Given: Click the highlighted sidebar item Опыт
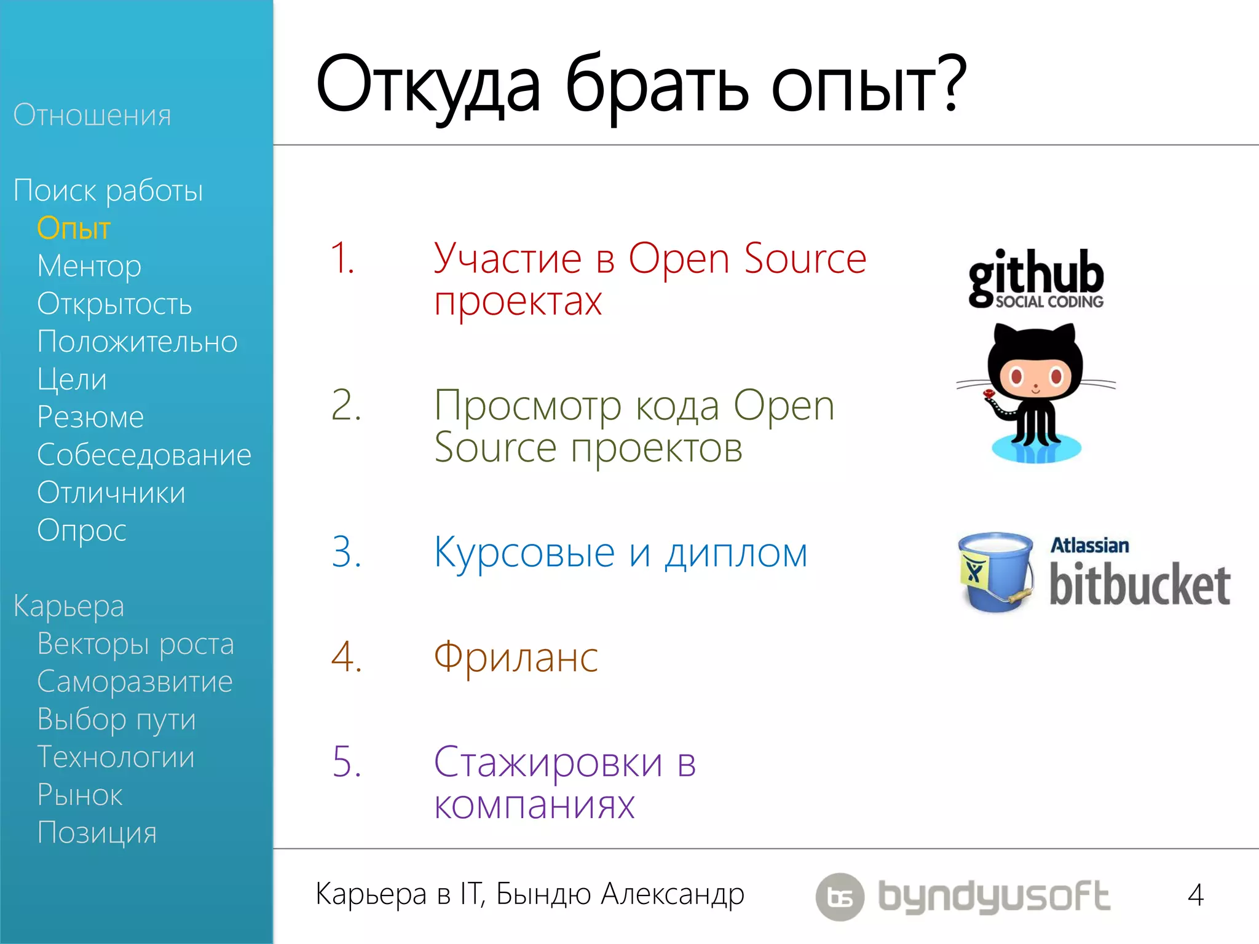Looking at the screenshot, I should [x=73, y=229].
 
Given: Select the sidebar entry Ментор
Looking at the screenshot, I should [x=89, y=266].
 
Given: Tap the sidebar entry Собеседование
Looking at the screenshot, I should [x=144, y=455].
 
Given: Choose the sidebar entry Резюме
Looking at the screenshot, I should [x=90, y=417].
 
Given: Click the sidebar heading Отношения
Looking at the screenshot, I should [x=92, y=116].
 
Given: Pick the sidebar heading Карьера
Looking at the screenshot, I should [x=69, y=606].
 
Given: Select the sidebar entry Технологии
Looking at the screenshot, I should [x=116, y=757].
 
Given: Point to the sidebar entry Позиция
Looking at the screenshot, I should [x=97, y=833].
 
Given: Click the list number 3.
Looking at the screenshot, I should [x=345, y=551].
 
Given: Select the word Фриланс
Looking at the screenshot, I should [x=516, y=658].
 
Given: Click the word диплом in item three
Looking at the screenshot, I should [x=736, y=553].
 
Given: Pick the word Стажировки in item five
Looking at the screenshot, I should [x=548, y=763].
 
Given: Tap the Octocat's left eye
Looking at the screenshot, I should [x=1016, y=376].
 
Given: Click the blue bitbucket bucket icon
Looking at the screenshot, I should [x=996, y=572].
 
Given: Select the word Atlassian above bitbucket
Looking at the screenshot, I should [x=1089, y=546].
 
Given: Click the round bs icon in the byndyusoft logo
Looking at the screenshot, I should [x=840, y=897].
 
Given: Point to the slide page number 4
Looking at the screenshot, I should [x=1195, y=895].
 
